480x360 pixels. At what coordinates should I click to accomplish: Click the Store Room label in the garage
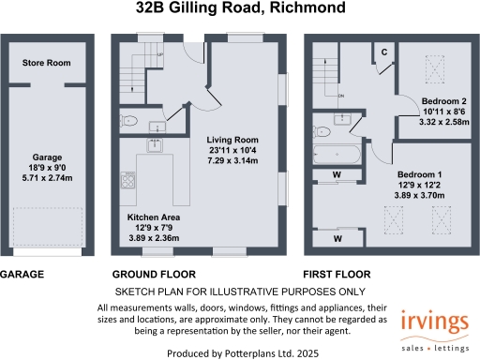click(47, 65)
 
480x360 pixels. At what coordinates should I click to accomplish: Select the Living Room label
click(232, 141)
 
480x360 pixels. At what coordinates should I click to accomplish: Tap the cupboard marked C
click(384, 52)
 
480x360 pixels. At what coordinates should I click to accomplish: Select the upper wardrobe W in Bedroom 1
click(337, 174)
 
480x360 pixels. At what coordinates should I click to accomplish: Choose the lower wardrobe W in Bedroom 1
click(337, 239)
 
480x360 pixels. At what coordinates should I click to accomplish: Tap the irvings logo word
click(432, 322)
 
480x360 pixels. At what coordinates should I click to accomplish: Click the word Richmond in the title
click(308, 10)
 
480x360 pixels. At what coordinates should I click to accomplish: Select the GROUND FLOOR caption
click(154, 275)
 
